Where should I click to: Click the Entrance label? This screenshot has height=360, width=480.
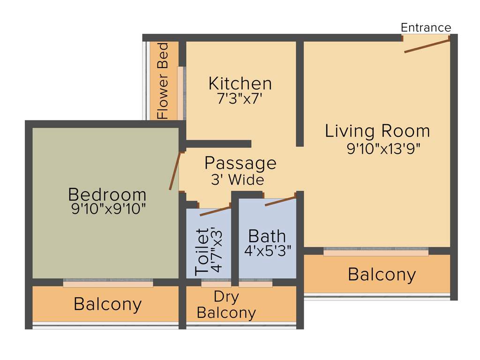(x=426, y=28)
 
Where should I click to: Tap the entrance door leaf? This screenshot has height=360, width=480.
(x=427, y=46)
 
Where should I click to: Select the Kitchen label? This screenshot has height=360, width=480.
(x=240, y=83)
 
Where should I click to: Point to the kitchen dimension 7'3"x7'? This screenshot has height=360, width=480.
(x=240, y=99)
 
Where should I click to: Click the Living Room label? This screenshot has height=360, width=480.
(x=377, y=131)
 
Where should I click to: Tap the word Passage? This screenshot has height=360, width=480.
(x=240, y=163)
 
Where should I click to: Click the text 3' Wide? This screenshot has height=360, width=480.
(x=238, y=180)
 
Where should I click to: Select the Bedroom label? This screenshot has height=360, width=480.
(x=107, y=194)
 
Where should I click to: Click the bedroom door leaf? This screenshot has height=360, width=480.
(x=174, y=171)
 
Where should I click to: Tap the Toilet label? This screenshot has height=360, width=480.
(x=202, y=251)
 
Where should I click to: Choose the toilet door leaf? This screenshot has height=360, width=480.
(x=215, y=211)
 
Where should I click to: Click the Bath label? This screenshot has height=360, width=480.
(x=267, y=235)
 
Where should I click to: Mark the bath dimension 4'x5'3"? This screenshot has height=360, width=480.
(x=268, y=250)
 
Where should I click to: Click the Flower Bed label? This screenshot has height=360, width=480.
(x=163, y=81)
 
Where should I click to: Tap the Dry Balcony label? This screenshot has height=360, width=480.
(x=226, y=305)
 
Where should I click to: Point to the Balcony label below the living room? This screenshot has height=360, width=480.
(x=382, y=274)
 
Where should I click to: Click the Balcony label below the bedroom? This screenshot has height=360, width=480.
(x=107, y=304)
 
